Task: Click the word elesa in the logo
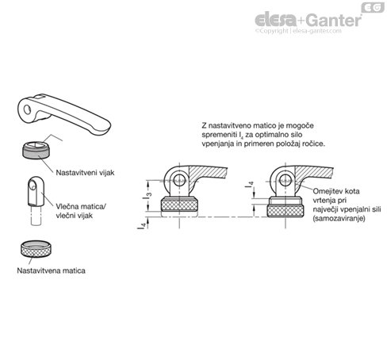[275, 20]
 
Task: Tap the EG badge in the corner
[373, 7]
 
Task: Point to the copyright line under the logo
[298, 31]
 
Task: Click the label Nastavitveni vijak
[85, 173]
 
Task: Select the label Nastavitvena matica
[51, 270]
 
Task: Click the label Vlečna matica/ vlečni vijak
[81, 211]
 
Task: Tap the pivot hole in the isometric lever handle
[27, 109]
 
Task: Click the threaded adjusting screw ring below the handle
[36, 150]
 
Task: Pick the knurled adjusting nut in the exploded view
[36, 249]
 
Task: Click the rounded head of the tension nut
[36, 184]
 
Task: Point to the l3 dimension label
[148, 196]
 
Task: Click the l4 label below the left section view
[142, 225]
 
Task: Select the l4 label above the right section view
[249, 184]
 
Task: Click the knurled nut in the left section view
[179, 205]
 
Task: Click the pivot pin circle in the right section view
[285, 180]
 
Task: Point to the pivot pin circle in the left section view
[179, 180]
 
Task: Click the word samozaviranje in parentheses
[339, 219]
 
